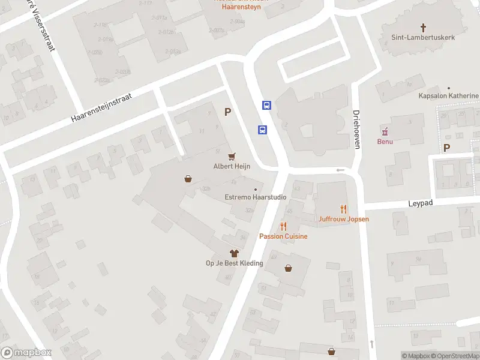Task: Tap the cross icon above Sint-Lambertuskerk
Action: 424,28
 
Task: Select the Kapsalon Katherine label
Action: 449,96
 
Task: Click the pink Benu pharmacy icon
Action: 385,131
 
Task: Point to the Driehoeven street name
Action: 356,129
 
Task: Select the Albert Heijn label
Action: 232,166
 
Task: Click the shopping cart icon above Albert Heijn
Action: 232,155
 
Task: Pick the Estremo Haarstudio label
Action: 255,197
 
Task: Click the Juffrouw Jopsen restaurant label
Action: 344,219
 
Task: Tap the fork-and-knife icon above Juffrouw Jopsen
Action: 344,209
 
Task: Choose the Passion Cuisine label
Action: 283,236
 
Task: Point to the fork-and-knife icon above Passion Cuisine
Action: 283,226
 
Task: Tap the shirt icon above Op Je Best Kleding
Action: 234,253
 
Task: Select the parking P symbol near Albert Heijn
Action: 227,112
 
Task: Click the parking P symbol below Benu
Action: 446,148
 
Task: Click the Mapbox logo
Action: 26,353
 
